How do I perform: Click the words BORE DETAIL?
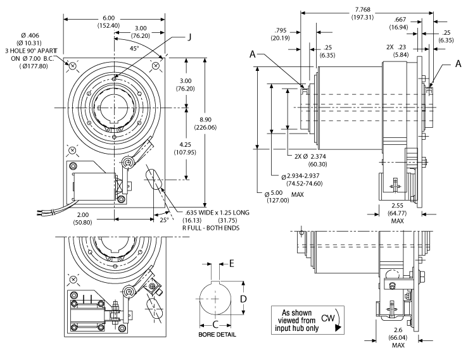tap(217, 333)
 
